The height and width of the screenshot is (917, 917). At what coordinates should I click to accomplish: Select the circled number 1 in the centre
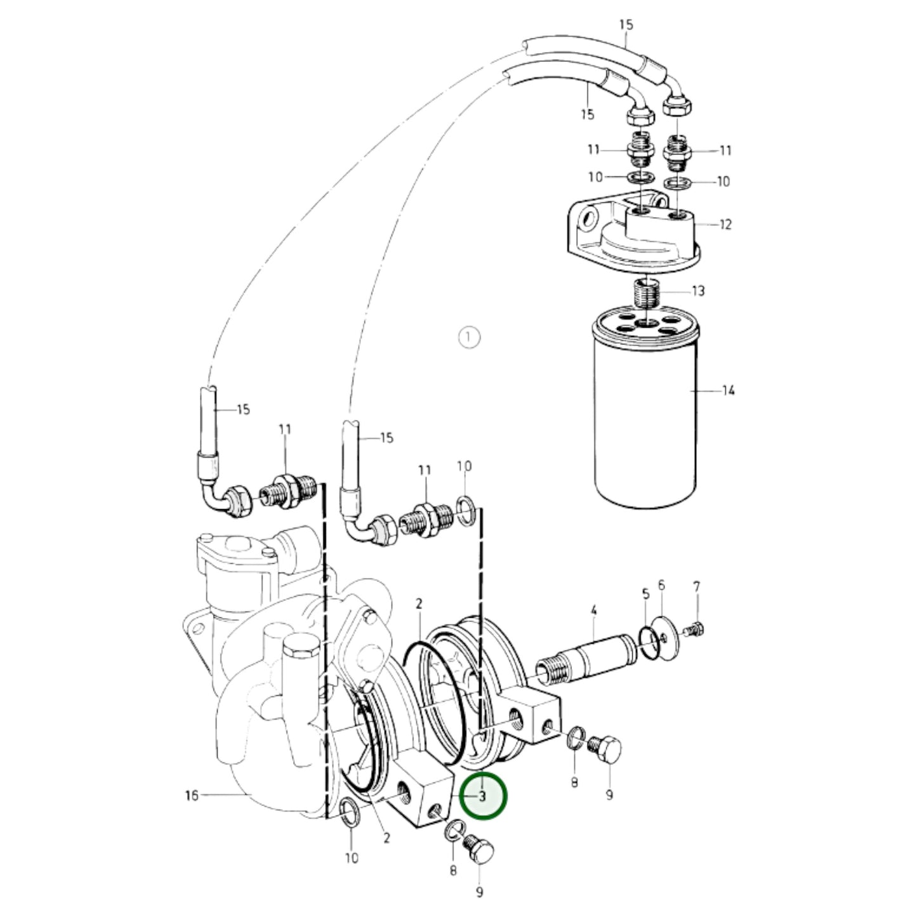click(x=469, y=338)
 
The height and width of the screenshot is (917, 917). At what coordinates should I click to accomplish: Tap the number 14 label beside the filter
click(x=728, y=391)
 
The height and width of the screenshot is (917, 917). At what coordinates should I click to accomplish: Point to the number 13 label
click(x=697, y=291)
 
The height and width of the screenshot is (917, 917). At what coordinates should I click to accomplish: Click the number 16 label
click(x=191, y=795)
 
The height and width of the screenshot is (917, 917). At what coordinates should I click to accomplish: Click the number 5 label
click(x=645, y=593)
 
